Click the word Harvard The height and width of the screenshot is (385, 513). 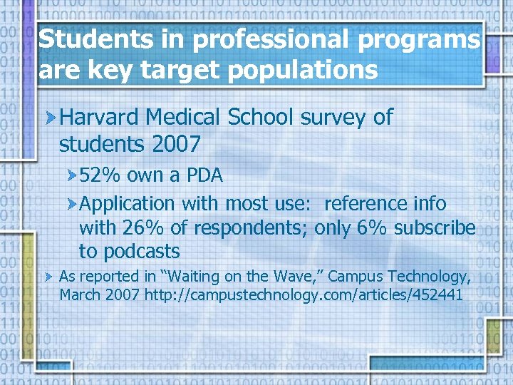100,117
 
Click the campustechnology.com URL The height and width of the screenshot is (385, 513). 304,294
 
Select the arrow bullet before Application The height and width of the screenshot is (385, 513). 72,204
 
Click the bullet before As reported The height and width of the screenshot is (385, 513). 49,276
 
